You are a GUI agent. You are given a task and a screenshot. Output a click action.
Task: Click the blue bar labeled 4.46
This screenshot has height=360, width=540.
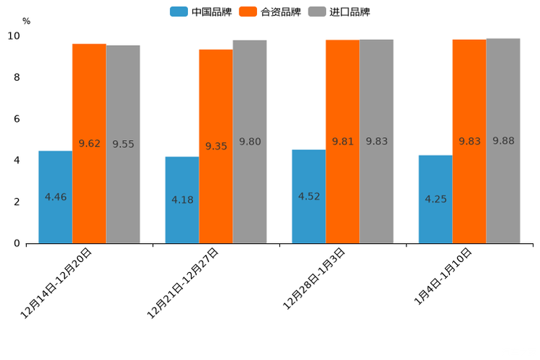click(55, 197)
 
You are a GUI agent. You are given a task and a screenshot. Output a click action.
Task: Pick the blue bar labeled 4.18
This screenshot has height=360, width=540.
click(182, 200)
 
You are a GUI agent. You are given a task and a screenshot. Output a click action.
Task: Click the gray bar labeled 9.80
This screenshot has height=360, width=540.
click(250, 142)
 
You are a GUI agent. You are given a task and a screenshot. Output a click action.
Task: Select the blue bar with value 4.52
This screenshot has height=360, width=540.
click(308, 196)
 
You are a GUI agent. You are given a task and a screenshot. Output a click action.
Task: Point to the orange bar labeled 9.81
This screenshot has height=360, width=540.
click(343, 142)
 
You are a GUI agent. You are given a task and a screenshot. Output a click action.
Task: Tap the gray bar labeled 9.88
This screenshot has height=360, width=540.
click(503, 141)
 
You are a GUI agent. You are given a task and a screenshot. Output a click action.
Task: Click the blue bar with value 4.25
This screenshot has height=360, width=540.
click(435, 199)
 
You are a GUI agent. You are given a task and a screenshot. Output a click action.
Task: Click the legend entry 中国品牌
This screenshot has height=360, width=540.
click(201, 12)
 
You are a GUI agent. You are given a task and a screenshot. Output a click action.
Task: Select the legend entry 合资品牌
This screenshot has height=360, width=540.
click(270, 12)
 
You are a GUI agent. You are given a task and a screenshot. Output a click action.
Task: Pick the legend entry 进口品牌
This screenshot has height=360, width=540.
click(340, 12)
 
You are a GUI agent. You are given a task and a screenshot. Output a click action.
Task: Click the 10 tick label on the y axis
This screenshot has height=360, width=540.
click(14, 36)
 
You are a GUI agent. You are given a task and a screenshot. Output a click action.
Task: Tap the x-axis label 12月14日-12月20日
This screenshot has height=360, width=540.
click(58, 283)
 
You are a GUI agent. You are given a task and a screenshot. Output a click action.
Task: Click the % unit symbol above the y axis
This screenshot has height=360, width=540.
click(26, 21)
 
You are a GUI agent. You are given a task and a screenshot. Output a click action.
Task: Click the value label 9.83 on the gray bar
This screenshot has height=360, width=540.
click(377, 142)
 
